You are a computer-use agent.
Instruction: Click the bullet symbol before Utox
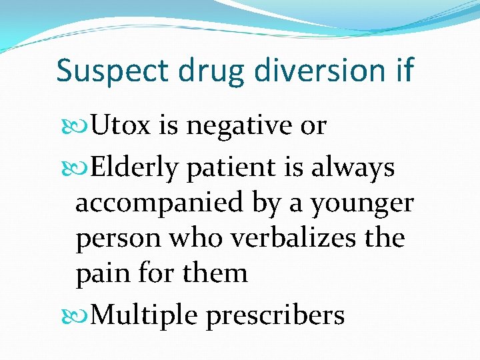pos(81,125)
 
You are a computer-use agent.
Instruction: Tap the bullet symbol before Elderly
pos(81,168)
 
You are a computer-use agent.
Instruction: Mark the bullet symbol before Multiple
pos(81,315)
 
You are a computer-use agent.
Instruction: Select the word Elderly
pos(133,168)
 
